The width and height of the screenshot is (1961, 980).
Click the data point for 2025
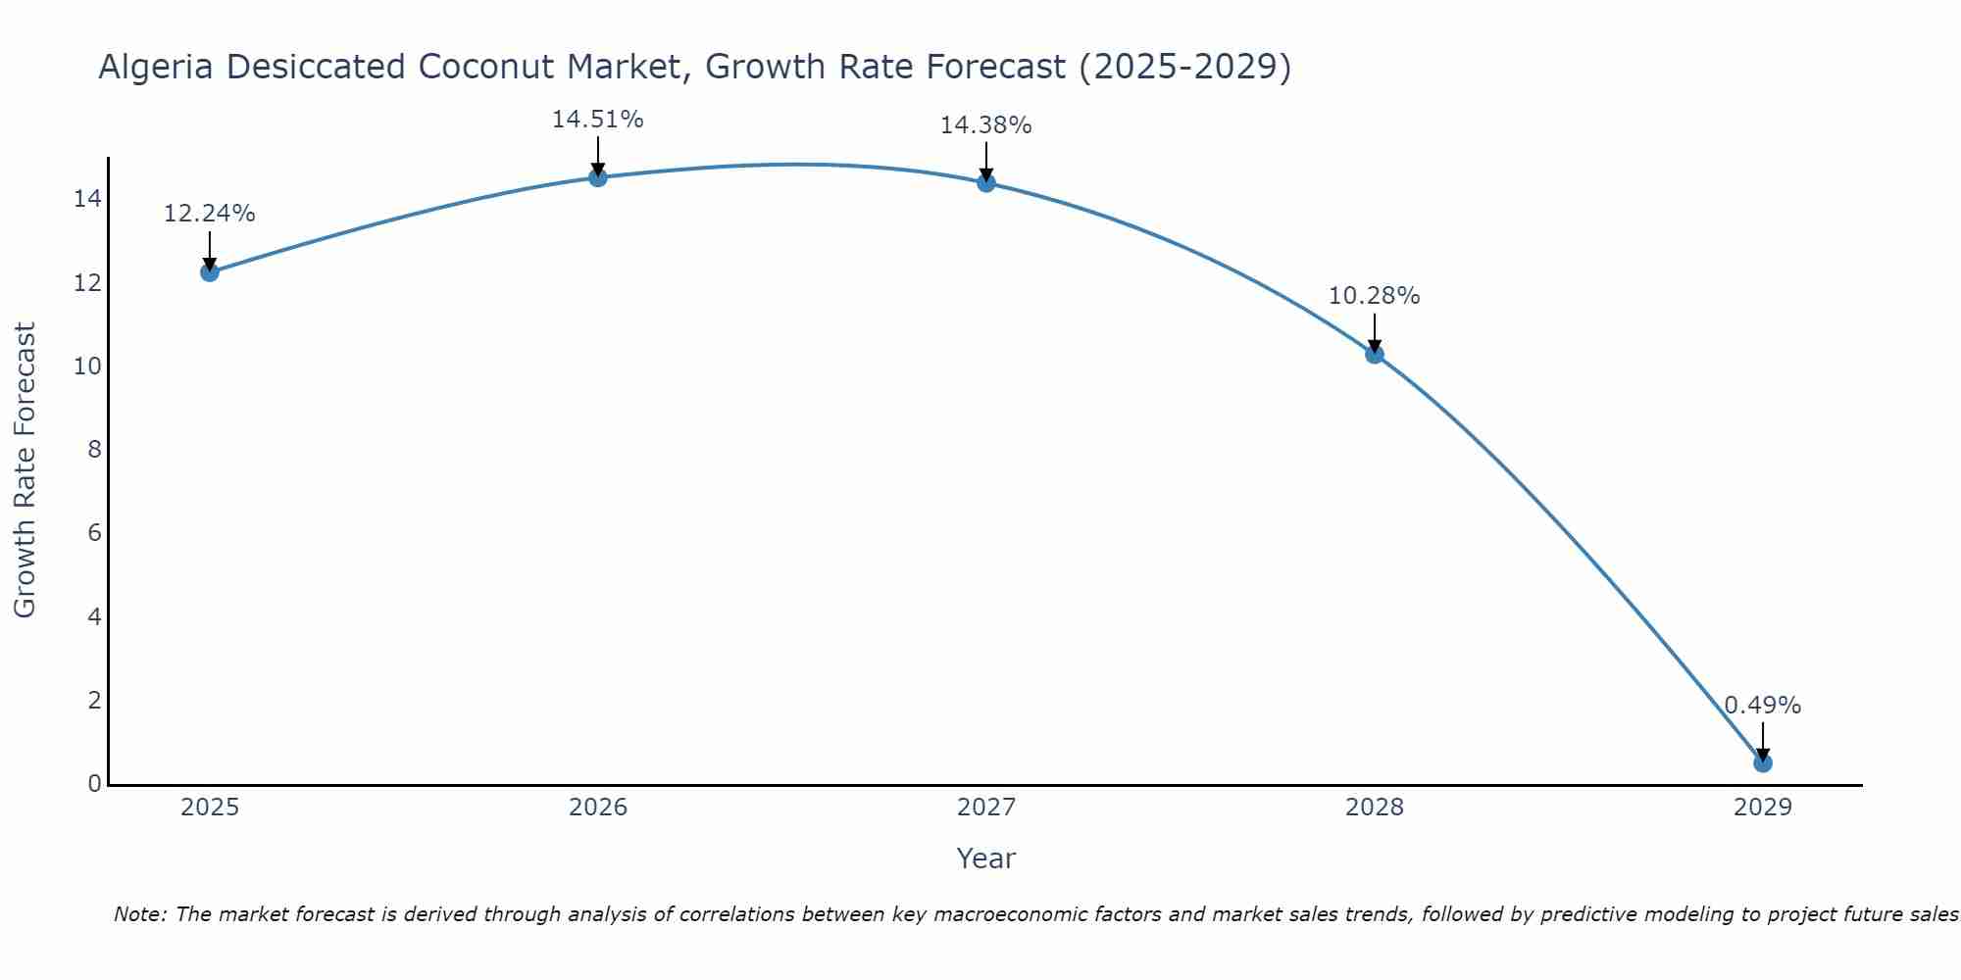click(x=209, y=271)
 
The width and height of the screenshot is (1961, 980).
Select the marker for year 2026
click(x=598, y=177)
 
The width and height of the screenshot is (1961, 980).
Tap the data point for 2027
click(x=986, y=182)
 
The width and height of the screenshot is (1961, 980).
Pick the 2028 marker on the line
click(x=1375, y=354)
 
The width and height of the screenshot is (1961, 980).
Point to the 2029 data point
click(x=1763, y=762)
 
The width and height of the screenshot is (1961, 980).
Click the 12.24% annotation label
click(x=209, y=214)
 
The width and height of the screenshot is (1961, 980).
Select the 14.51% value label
click(x=597, y=120)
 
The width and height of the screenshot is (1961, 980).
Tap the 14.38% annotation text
click(x=985, y=125)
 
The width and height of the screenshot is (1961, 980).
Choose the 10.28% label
click(x=1374, y=296)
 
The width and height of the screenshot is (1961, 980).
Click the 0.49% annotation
click(x=1762, y=706)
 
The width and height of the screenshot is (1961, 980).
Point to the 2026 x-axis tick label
click(x=598, y=808)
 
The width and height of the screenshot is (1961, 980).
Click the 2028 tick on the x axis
click(x=1375, y=808)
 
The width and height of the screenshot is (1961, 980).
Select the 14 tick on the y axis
click(x=87, y=200)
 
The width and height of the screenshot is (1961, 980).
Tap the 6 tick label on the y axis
click(x=94, y=533)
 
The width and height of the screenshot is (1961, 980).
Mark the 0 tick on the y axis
click(x=94, y=784)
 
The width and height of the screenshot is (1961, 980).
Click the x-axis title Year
click(x=985, y=858)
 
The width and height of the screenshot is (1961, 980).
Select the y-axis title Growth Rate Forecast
click(x=25, y=470)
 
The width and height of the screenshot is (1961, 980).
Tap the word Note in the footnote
click(x=141, y=914)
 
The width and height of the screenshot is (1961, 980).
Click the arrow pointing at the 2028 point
click(x=1375, y=333)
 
